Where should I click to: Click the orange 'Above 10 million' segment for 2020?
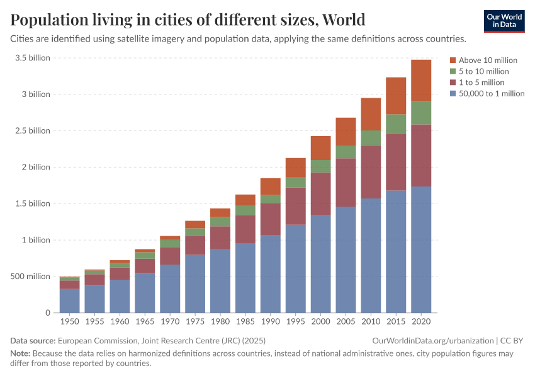coord(420,80)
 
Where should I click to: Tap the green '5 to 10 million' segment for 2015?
coord(396,123)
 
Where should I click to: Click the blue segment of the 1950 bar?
coord(70,301)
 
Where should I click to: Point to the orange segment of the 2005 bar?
coord(346,132)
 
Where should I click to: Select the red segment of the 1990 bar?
coord(271,219)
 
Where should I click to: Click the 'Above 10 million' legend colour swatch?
coord(453,60)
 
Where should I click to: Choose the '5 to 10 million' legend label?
coord(483,71)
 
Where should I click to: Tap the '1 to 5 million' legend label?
coord(481,83)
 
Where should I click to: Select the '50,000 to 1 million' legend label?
coord(491,94)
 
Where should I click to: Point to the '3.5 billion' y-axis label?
coord(32,58)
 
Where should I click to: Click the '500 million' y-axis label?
coord(30,277)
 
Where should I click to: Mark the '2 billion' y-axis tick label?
coord(36,167)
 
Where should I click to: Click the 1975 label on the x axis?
coord(195,321)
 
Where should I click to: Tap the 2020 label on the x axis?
coord(420,321)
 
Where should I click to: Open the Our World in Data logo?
coord(504,21)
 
